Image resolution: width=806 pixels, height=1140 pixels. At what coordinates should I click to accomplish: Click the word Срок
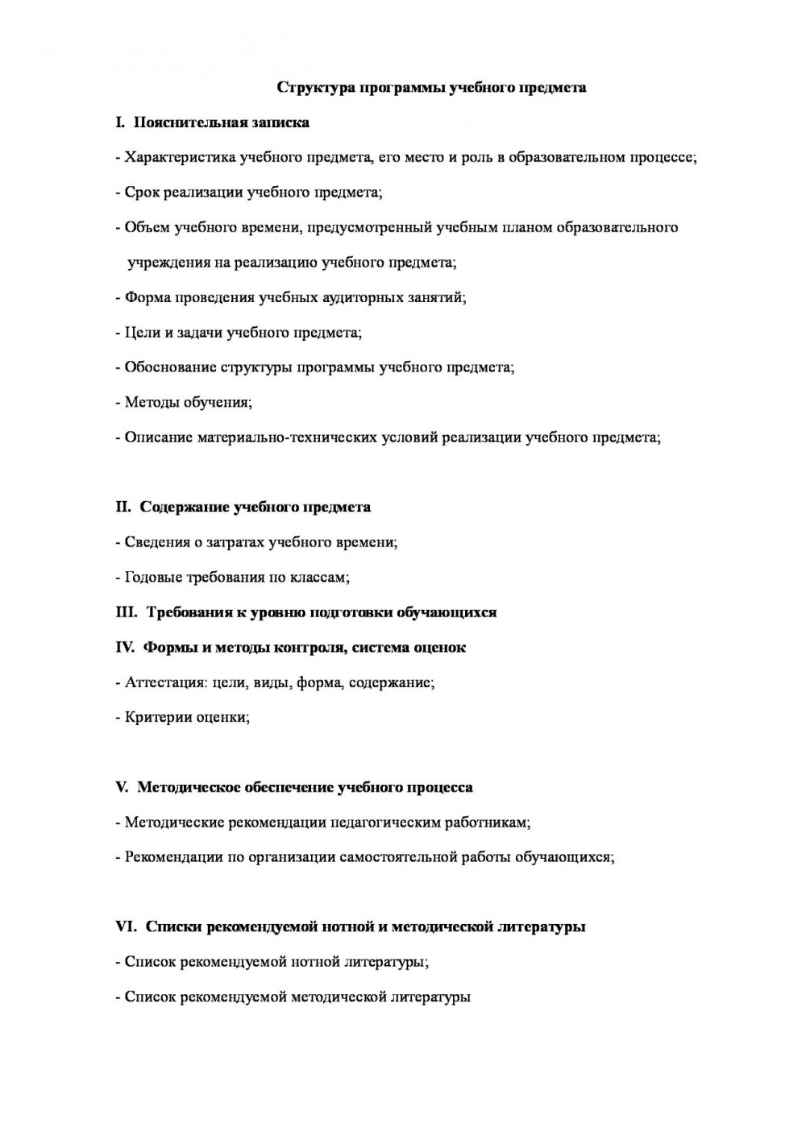point(140,193)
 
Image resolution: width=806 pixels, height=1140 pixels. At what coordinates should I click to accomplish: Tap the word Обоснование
point(169,367)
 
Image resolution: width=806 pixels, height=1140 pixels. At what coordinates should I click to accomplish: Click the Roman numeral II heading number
point(123,507)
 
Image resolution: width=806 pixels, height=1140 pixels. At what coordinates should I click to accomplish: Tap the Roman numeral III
point(127,612)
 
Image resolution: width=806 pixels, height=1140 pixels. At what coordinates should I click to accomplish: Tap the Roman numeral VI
point(127,927)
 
